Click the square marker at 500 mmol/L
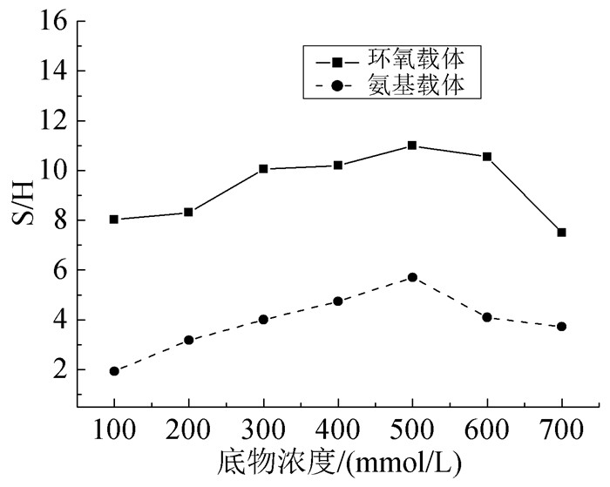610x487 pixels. click(412, 145)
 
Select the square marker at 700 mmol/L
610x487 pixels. click(561, 233)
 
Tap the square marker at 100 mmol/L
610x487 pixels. click(114, 220)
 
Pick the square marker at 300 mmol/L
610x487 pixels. click(263, 169)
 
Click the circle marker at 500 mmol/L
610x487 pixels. click(412, 277)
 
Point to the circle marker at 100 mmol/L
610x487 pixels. click(114, 371)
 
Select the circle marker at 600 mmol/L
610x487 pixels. click(487, 317)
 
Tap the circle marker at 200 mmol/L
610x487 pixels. click(189, 340)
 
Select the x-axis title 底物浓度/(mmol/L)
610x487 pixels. click(338, 459)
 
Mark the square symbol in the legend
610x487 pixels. click(336, 61)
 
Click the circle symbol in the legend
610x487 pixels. click(336, 86)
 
